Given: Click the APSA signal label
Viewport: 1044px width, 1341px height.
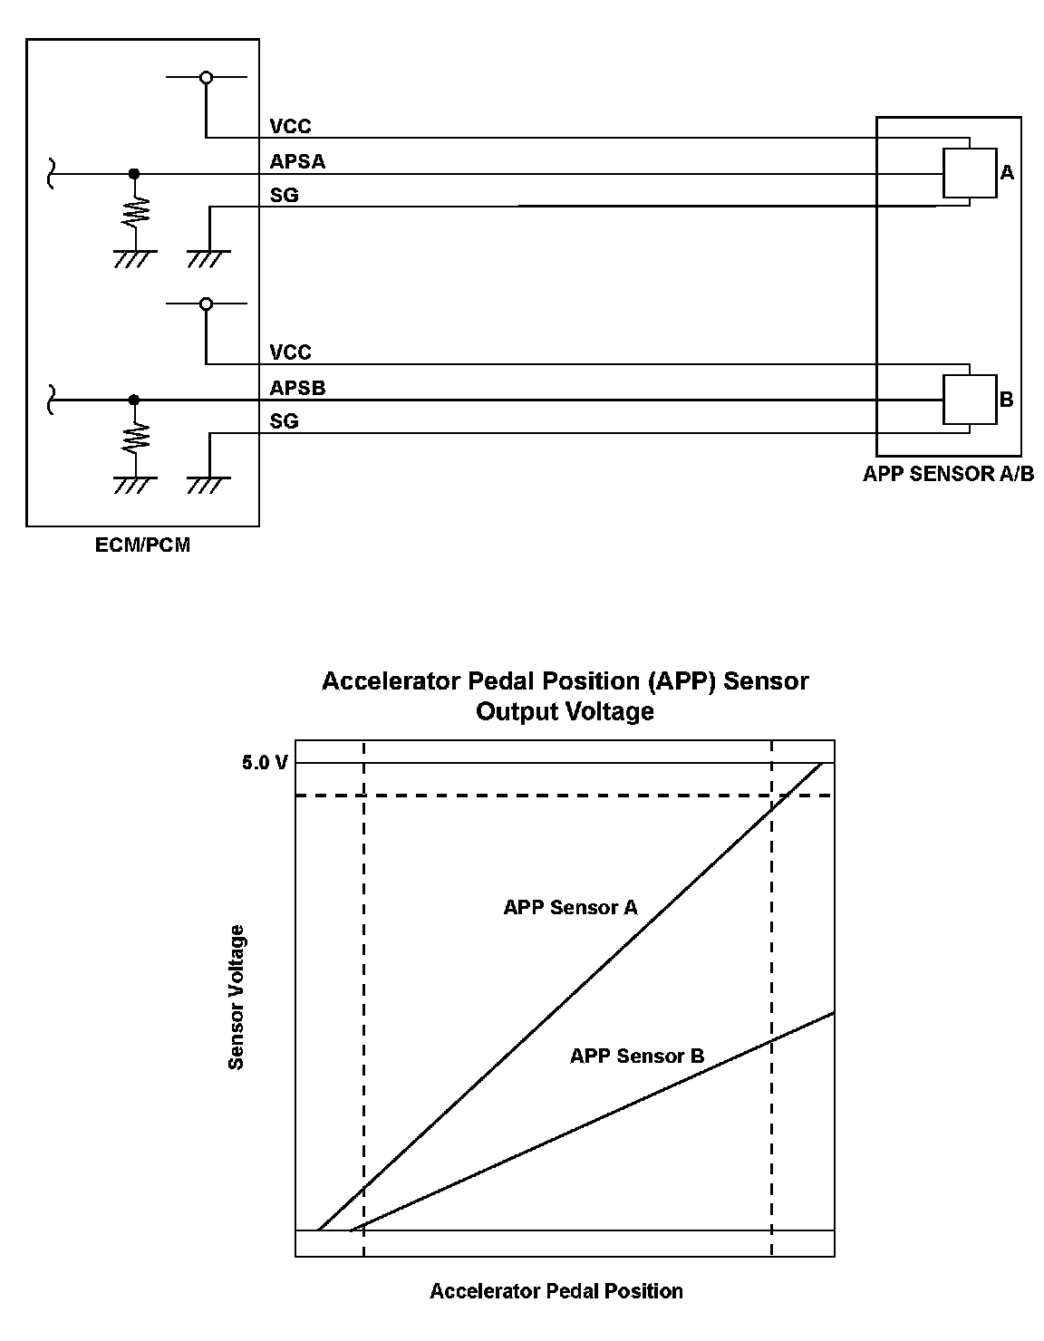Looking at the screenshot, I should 297,161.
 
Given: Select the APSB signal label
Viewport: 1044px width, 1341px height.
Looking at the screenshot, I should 297,388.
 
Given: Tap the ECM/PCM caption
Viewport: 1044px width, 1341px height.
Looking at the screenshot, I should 142,545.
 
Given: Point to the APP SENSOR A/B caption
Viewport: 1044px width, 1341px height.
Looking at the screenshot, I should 948,474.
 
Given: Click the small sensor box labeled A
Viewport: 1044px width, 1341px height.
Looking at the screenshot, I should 969,172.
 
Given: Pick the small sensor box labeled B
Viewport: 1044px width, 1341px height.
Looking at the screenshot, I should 969,399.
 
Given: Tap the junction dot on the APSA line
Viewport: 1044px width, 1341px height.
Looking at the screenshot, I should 134,173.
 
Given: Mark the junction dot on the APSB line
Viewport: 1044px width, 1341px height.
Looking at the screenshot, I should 134,399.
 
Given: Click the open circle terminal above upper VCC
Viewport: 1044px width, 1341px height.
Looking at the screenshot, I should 207,78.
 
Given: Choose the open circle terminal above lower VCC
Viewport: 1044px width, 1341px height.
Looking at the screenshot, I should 207,304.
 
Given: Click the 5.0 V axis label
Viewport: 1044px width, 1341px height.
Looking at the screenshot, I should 265,763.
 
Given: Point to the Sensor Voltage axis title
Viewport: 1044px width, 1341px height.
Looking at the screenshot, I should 237,997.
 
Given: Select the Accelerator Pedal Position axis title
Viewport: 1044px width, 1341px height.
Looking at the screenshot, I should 556,1291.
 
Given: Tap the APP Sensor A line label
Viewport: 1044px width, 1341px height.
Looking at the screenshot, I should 570,907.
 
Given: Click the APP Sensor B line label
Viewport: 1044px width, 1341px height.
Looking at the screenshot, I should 636,1056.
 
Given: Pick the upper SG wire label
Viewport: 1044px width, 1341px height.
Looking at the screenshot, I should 284,195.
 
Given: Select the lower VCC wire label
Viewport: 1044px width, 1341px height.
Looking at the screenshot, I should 290,352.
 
